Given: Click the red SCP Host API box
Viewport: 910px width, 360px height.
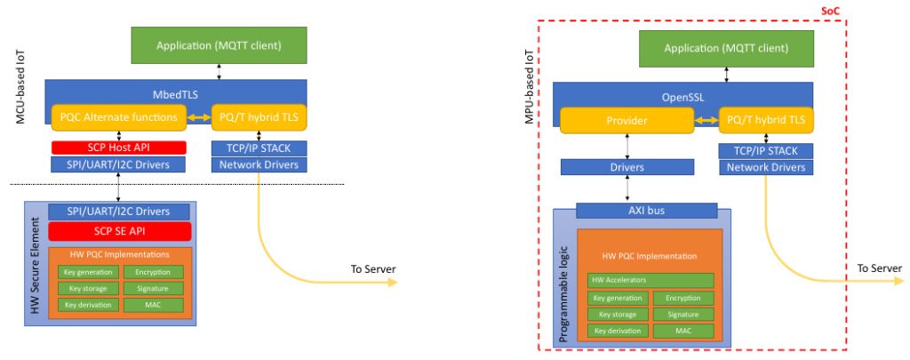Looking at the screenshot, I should pyautogui.click(x=118, y=148).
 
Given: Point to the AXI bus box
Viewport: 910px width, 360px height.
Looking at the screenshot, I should pyautogui.click(x=646, y=211).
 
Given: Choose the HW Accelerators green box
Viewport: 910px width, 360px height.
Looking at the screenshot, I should pyautogui.click(x=650, y=280).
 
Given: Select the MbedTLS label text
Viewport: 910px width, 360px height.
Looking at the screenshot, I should pyautogui.click(x=179, y=91).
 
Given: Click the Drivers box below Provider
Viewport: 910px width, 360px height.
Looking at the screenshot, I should pyautogui.click(x=628, y=166).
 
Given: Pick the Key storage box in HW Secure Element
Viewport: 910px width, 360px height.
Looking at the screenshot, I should pyautogui.click(x=87, y=289).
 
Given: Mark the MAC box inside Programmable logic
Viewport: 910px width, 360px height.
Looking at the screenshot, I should pyautogui.click(x=683, y=331).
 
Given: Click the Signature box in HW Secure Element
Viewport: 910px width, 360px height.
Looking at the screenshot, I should pyautogui.click(x=153, y=289).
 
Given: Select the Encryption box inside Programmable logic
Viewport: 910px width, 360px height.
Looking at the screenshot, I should pyautogui.click(x=683, y=298).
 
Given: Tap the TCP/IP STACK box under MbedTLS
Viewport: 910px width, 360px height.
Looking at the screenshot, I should pyautogui.click(x=259, y=148).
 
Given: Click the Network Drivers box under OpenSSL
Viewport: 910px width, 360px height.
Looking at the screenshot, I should pyautogui.click(x=766, y=167).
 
